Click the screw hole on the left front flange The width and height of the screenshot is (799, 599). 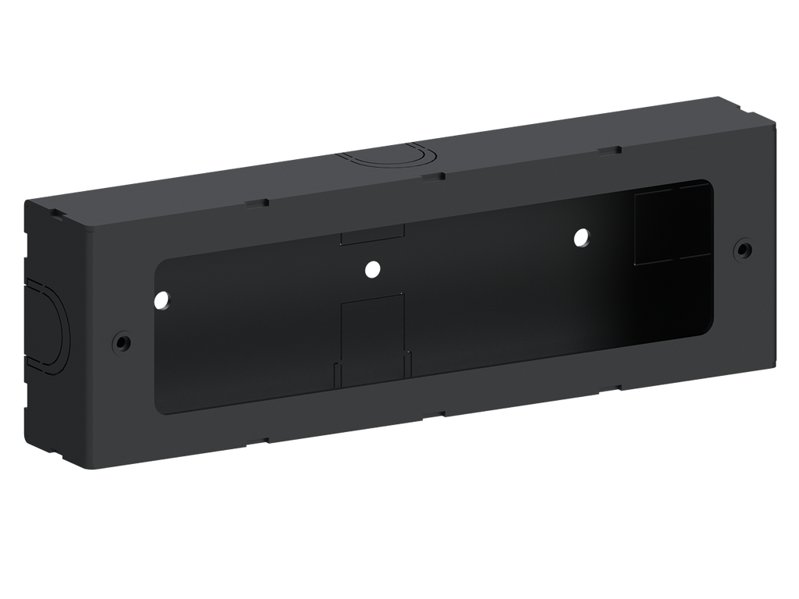121,341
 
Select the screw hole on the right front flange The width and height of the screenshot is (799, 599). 744,250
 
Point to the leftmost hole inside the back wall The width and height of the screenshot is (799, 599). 162,299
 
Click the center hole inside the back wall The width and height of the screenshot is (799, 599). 372,269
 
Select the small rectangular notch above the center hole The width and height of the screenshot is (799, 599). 372,234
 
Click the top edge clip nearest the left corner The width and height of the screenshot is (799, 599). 255,203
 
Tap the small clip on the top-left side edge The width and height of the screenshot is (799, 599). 57,211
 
